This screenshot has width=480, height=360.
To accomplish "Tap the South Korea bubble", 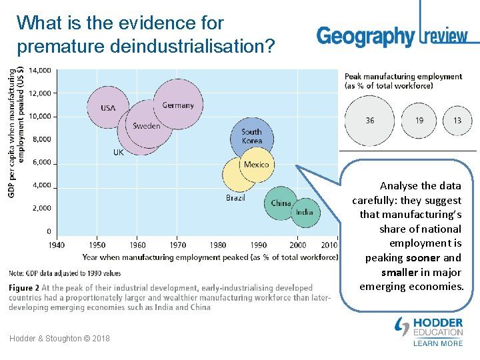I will (x=252, y=137).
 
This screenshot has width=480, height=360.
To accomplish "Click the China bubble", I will (x=281, y=203).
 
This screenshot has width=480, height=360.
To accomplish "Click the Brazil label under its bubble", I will (x=235, y=197).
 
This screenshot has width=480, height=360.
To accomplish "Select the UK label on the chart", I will (x=118, y=152).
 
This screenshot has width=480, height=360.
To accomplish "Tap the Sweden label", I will (x=147, y=125).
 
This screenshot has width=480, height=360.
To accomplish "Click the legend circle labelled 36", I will (x=369, y=121).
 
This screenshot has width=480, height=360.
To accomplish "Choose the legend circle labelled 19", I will (x=419, y=121).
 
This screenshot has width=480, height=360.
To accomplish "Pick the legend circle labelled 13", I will (x=457, y=121).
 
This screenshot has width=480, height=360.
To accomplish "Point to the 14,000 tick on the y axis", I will (x=39, y=70).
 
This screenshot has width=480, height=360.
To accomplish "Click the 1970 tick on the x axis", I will (x=177, y=245).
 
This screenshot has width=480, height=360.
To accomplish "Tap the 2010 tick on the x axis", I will (x=329, y=245).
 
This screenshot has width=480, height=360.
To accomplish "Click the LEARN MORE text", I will (x=438, y=343).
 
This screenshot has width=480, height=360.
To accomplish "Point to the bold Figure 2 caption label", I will (x=24, y=287).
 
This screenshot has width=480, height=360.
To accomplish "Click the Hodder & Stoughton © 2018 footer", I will (x=60, y=339).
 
